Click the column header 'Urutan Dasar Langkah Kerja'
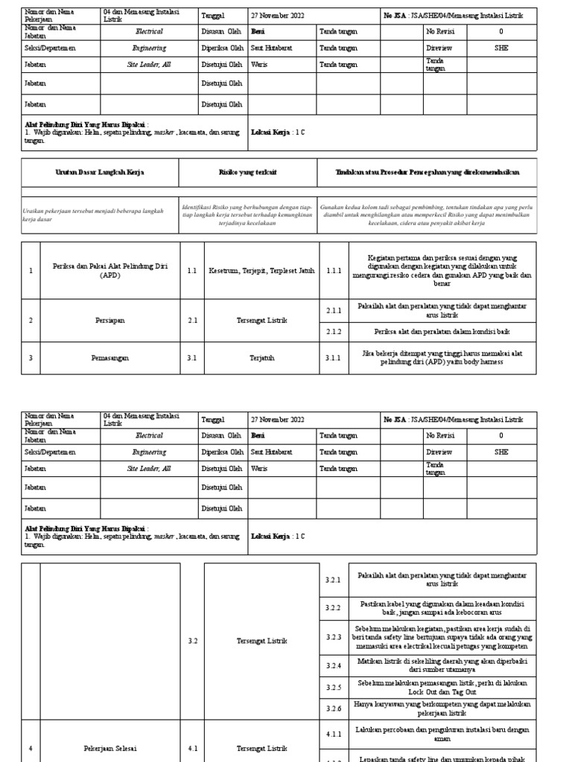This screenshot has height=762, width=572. tap(100, 172)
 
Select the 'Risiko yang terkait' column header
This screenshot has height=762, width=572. tap(248, 172)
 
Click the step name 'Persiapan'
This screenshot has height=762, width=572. tap(109, 320)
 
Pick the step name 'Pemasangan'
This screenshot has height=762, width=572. tap(109, 358)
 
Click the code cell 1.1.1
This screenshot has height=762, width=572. tap(333, 271)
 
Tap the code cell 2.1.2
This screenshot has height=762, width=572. tap(333, 332)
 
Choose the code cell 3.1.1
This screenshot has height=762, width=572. tap(333, 358)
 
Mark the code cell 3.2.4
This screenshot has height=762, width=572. tap(333, 665)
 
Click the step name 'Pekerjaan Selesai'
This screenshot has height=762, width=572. tap(109, 748)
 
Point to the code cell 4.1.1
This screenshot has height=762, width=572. tap(333, 734)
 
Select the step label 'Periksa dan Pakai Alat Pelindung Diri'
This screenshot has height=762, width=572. tap(109, 270)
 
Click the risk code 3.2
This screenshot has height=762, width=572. tap(192, 640)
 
